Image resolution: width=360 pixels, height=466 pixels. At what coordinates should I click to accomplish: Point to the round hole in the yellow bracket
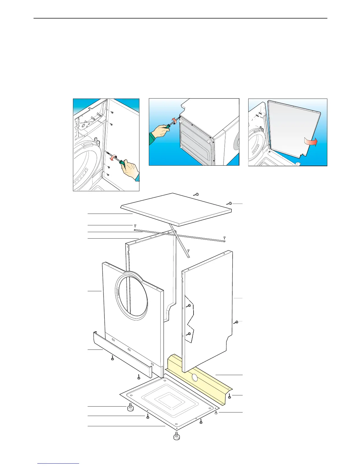(x=194, y=377)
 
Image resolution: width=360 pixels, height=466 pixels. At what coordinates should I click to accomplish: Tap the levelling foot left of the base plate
(x=130, y=408)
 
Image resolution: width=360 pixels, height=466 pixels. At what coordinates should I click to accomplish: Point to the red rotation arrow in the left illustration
(x=112, y=158)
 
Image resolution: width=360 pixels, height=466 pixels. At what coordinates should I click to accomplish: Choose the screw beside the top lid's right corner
(x=230, y=203)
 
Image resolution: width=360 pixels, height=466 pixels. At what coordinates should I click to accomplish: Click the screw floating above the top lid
(x=197, y=194)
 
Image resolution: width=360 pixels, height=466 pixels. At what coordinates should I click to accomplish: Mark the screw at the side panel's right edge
(x=236, y=322)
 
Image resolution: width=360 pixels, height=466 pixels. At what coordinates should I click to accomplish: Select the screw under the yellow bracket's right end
(x=229, y=397)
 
